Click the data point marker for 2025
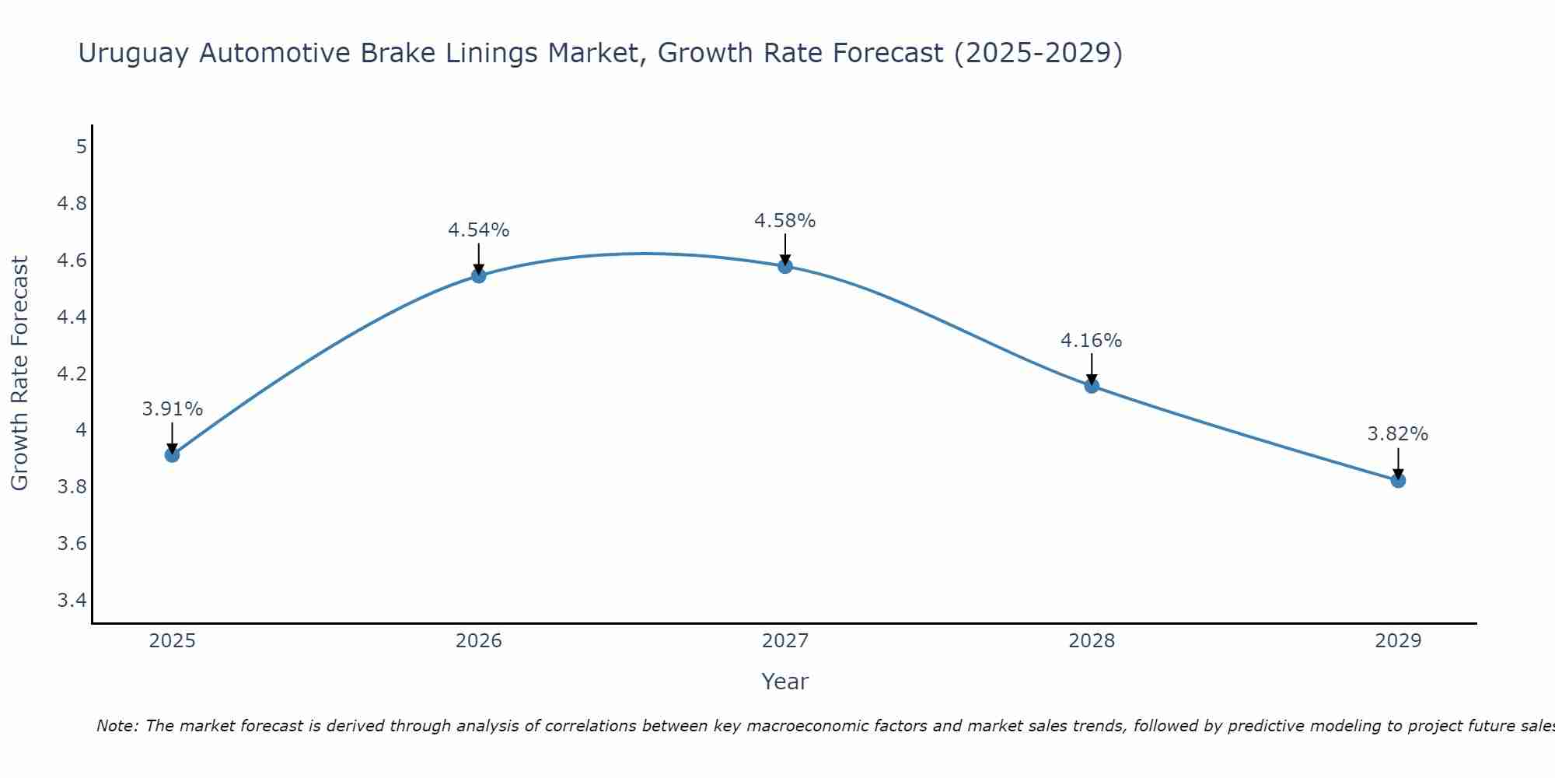click(x=173, y=455)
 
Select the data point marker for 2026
click(x=479, y=275)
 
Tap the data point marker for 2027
click(x=785, y=266)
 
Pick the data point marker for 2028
click(x=1092, y=386)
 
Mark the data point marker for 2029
click(x=1398, y=481)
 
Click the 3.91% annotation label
click(x=173, y=409)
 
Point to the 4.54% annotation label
click(x=479, y=230)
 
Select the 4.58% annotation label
click(x=785, y=221)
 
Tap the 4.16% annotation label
click(x=1092, y=341)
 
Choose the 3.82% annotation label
click(x=1398, y=434)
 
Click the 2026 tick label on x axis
click(x=479, y=641)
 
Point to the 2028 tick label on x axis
click(x=1092, y=641)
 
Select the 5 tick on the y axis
click(x=81, y=146)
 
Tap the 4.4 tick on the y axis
click(x=72, y=317)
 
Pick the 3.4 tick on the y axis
click(x=72, y=600)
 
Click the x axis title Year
click(x=785, y=682)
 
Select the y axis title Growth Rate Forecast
click(x=19, y=373)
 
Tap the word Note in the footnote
click(x=117, y=726)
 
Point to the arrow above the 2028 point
click(x=1092, y=369)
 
